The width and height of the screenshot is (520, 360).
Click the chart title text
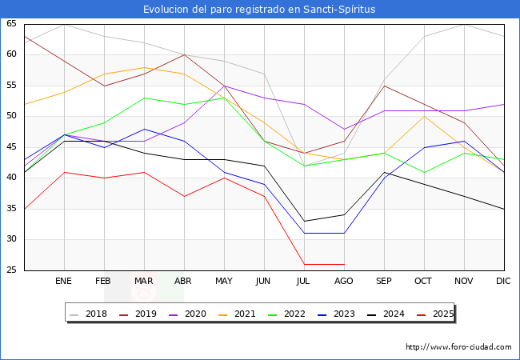pos(259,9)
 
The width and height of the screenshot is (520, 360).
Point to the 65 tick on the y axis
pos(11,24)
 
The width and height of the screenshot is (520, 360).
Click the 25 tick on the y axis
pos(11,270)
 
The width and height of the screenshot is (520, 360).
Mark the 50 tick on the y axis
pos(11,117)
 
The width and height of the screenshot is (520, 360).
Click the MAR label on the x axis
pos(144,282)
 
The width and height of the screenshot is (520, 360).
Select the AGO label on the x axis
pos(344,282)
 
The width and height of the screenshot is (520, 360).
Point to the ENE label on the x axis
pos(64,282)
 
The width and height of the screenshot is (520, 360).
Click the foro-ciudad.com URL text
pos(458,347)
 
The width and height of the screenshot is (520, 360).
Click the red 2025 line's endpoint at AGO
pos(344,264)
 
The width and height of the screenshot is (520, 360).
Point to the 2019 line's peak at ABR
pos(184,54)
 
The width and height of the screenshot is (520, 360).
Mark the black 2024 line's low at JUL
pos(304,221)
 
